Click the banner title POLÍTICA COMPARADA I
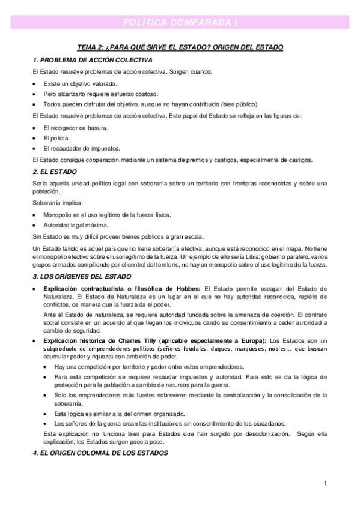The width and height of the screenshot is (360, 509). tap(180, 22)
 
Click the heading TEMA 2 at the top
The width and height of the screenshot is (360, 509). tap(180, 47)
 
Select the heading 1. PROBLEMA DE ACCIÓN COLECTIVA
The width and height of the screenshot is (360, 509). tap(93, 61)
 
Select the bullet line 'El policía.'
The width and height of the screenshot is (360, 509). tap(60, 137)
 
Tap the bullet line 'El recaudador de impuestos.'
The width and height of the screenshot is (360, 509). tap(81, 148)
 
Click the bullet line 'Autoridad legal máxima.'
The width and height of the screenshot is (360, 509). tap(75, 225)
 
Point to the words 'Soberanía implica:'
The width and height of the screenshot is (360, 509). tap(58, 203)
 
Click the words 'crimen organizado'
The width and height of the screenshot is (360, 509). tap(159, 414)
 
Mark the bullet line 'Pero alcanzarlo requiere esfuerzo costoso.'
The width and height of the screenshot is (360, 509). tap(100, 94)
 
